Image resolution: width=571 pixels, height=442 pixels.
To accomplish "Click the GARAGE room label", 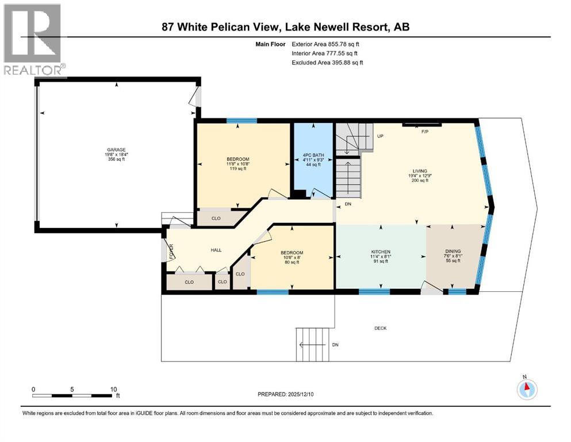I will (x=115, y=150).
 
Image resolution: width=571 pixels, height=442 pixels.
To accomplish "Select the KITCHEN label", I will (x=381, y=252).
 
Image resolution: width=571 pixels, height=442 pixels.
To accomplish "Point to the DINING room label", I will (x=453, y=251).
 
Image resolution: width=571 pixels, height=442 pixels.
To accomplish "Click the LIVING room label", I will (x=419, y=171).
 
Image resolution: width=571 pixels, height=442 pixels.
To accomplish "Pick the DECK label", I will (x=380, y=328).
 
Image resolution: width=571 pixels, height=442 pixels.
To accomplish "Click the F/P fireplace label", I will (x=426, y=132).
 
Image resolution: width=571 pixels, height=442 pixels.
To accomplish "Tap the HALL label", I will (x=216, y=249).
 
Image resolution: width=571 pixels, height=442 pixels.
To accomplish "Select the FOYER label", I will (x=171, y=251).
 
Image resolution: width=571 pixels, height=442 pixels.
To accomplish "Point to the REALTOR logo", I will (x=33, y=40).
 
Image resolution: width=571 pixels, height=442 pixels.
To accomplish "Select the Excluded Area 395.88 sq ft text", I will (x=327, y=62).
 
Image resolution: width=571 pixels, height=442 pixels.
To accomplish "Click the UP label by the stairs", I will (x=380, y=136).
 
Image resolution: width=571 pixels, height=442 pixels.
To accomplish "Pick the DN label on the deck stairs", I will (x=335, y=344).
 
